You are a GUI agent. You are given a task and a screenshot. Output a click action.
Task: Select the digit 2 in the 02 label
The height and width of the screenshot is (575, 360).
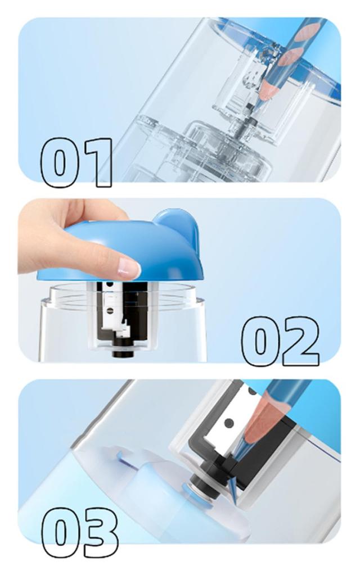(299, 341)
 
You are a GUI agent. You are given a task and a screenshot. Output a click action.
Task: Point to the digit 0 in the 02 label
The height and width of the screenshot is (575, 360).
(260, 341)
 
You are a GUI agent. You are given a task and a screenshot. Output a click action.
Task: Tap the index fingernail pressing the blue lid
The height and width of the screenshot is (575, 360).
(128, 267)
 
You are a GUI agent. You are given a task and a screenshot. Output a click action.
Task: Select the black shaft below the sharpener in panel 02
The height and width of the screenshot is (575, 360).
(124, 351)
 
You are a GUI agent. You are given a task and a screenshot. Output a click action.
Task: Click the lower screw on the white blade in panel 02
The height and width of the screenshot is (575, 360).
(110, 310)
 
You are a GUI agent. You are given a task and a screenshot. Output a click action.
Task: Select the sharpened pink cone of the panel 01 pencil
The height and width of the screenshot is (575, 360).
(268, 89)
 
